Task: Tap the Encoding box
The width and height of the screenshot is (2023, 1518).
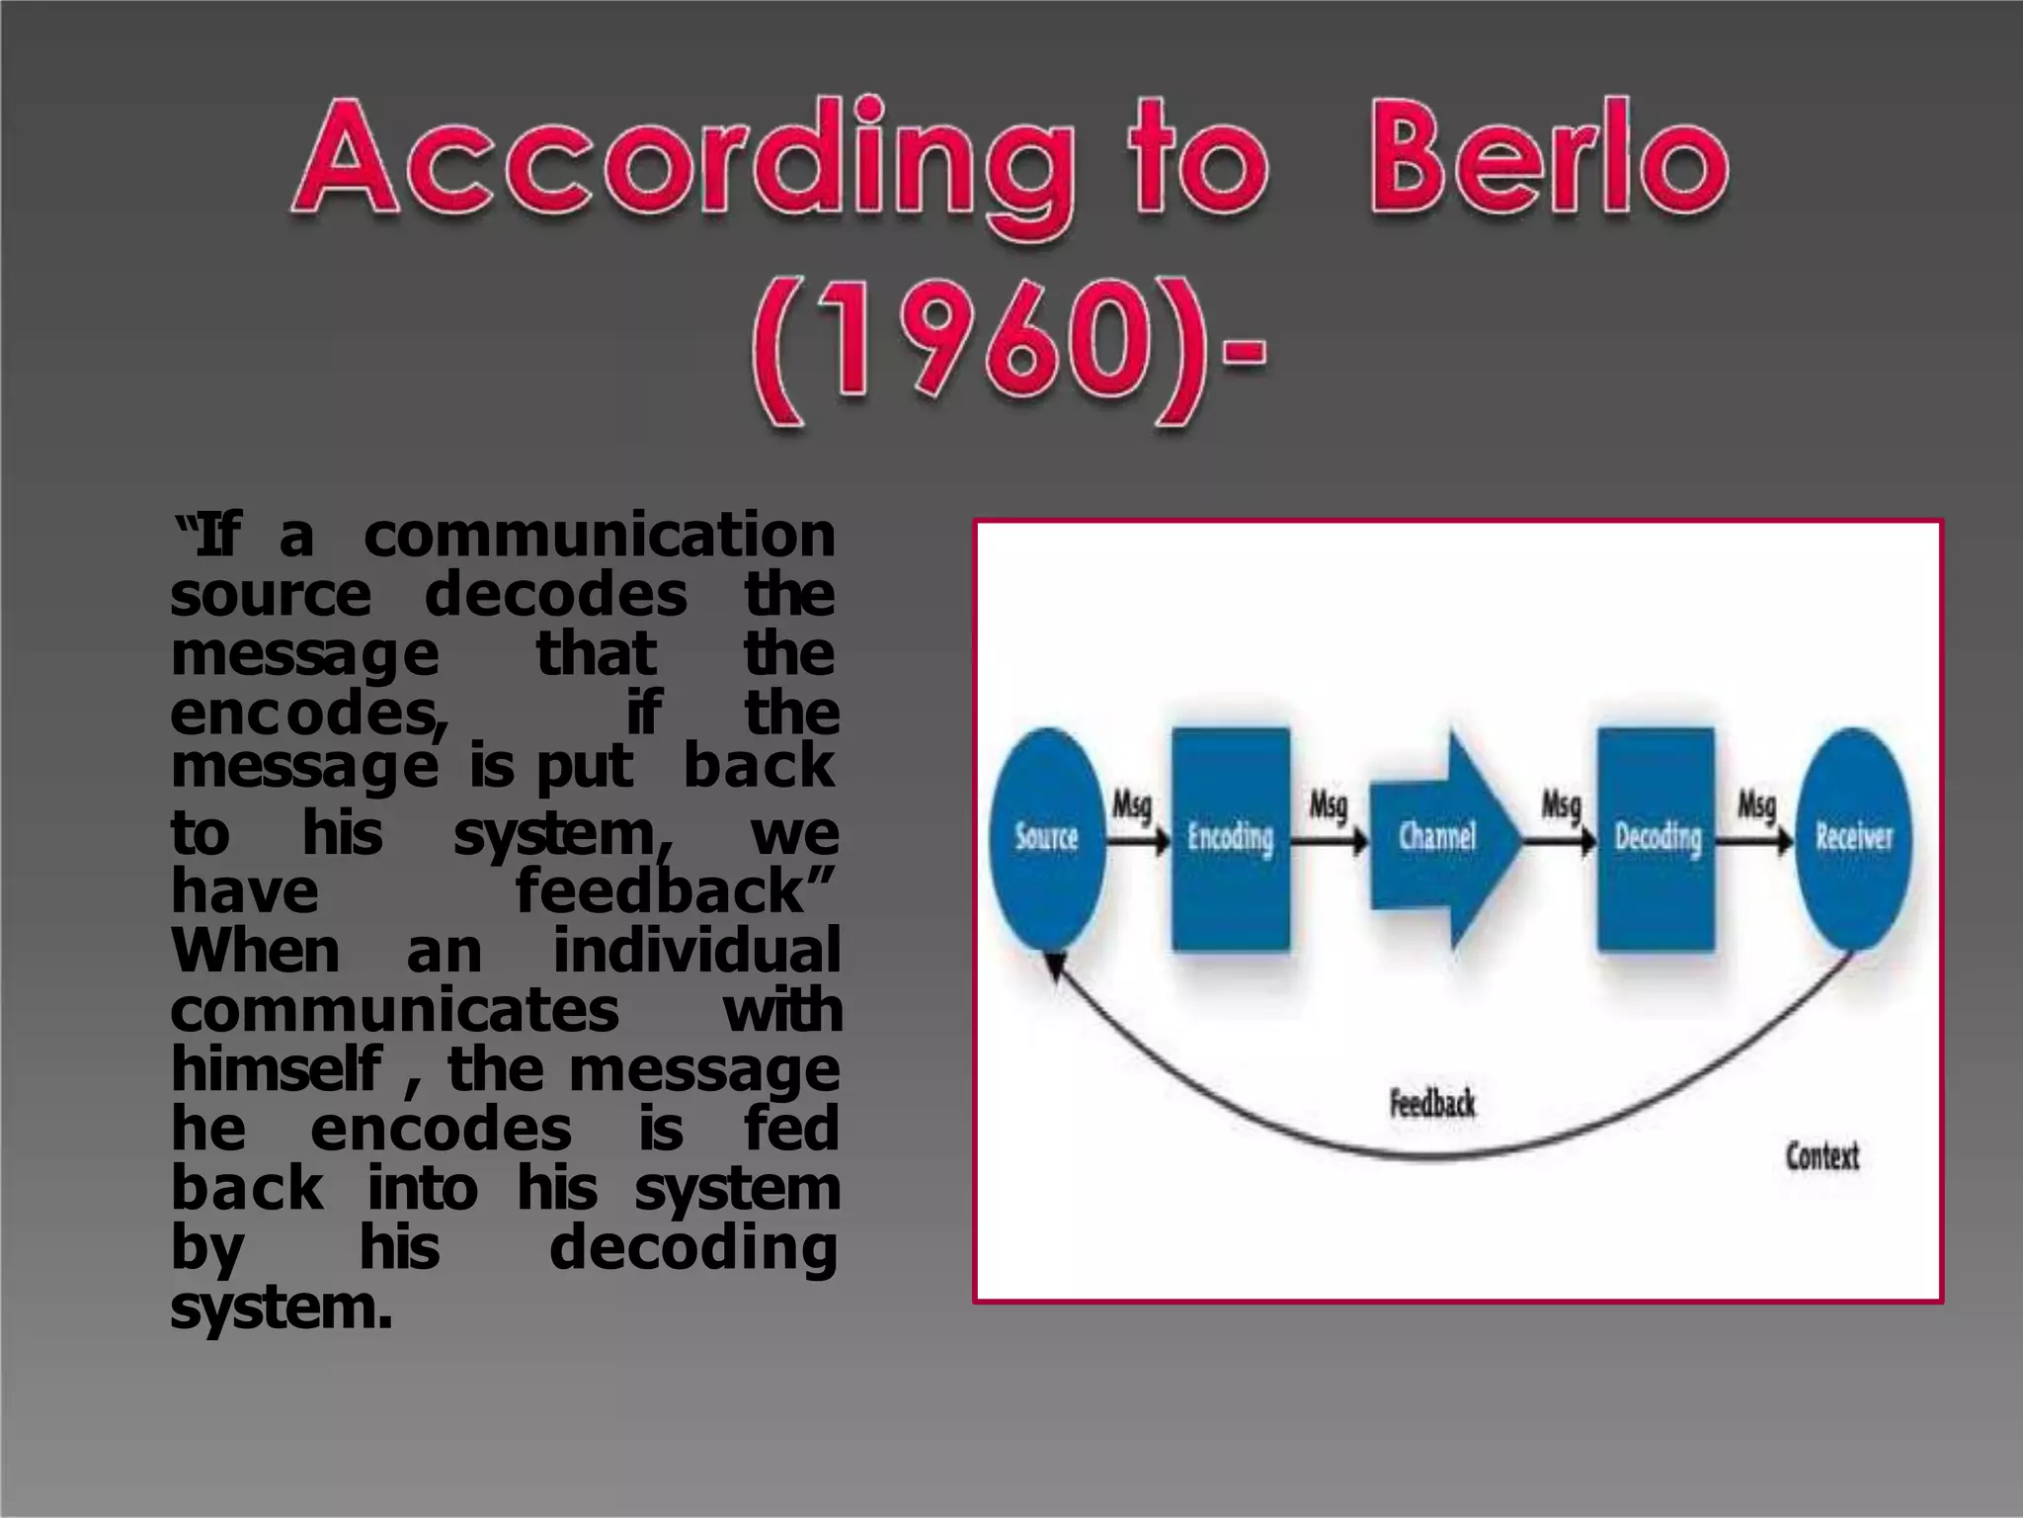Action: point(1230,838)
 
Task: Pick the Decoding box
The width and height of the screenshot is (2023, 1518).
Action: point(1657,838)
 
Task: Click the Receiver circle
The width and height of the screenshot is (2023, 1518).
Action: point(1853,838)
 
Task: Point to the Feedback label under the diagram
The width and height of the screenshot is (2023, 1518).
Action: point(1432,1103)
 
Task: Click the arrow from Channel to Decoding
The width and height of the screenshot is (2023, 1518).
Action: point(1559,841)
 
